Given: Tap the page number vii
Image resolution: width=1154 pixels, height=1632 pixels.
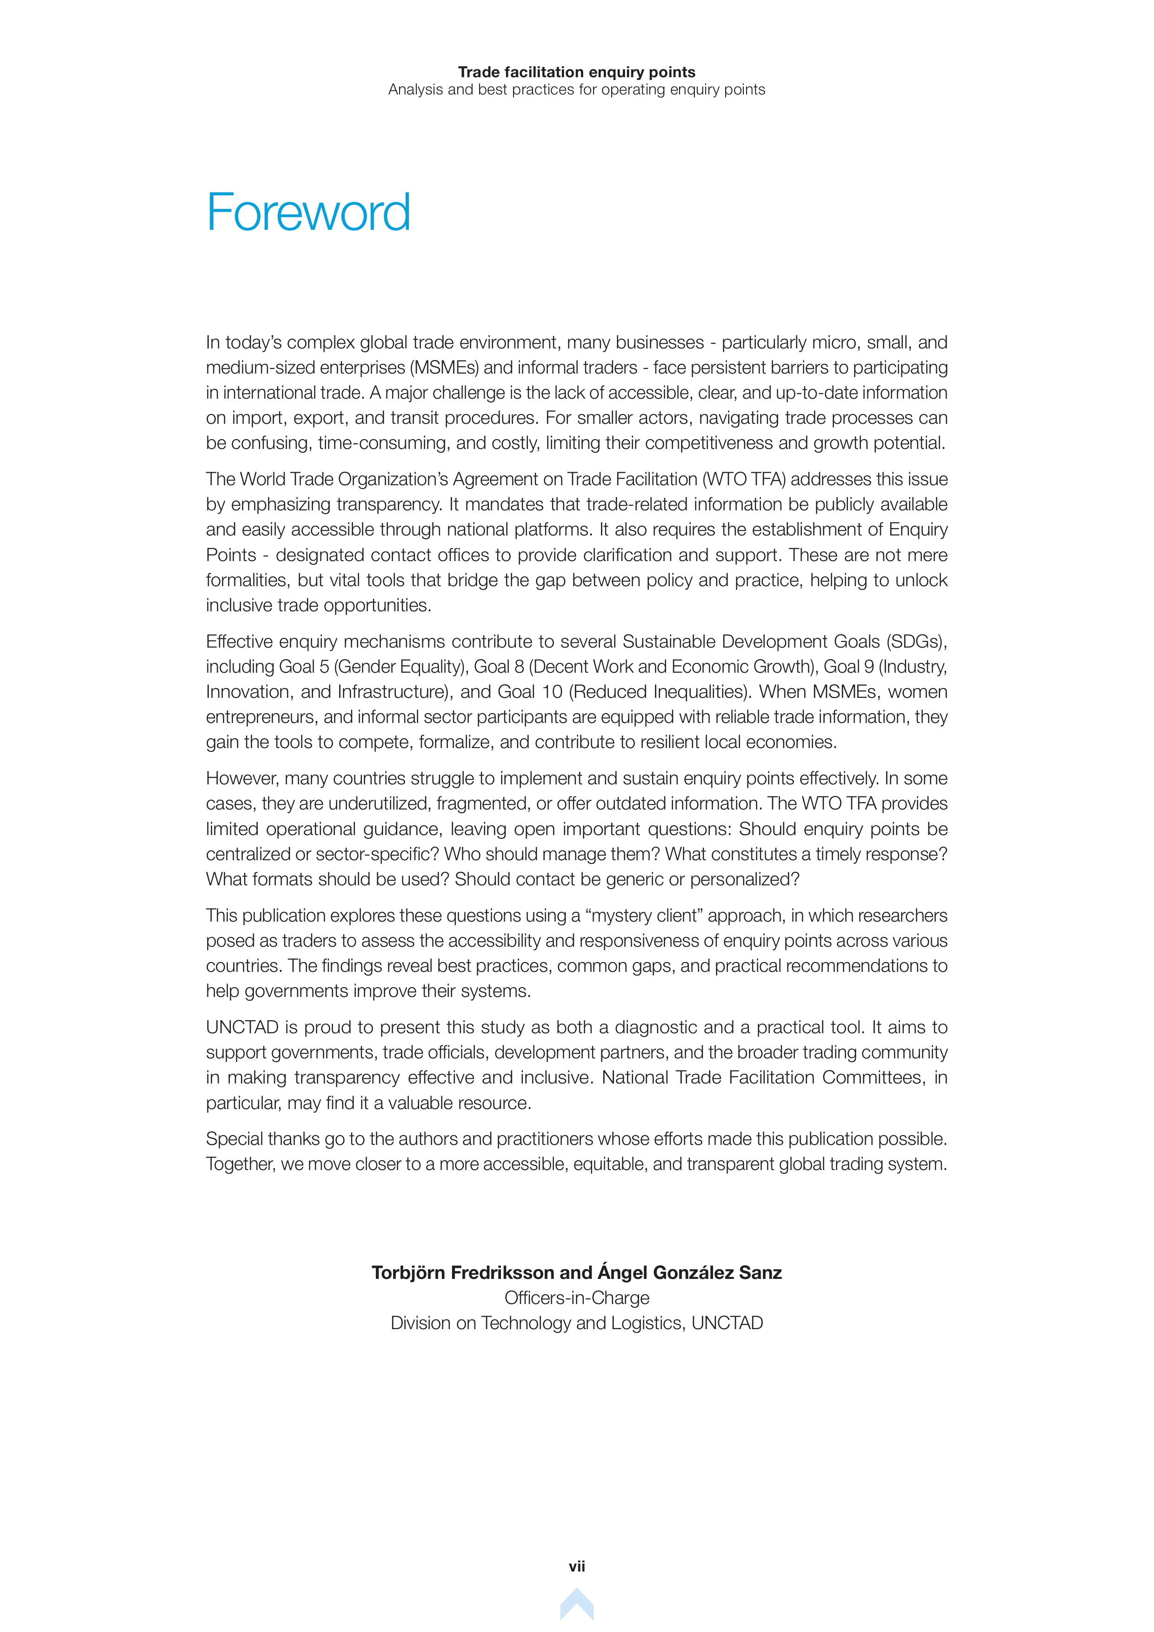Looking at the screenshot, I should (x=576, y=1566).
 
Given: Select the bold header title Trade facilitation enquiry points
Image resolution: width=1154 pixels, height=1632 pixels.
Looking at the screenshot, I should (x=576, y=72).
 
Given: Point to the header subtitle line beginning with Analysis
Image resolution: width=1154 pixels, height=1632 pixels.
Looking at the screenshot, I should (x=576, y=90).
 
